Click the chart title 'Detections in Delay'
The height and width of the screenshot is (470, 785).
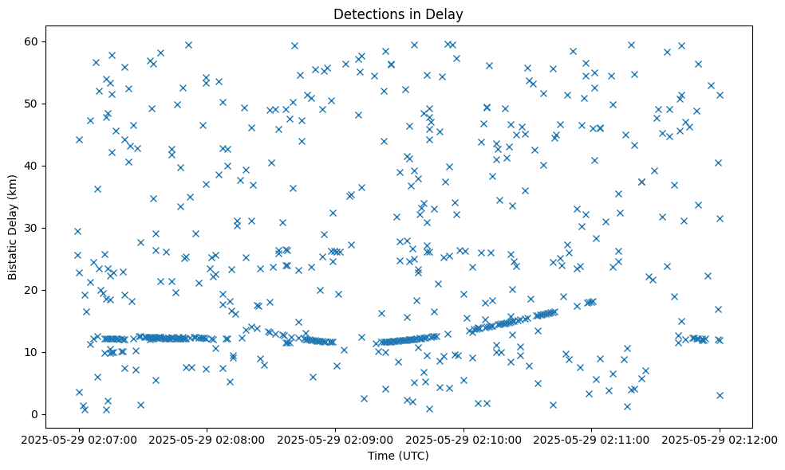398,14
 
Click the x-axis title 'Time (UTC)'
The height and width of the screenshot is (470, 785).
398,456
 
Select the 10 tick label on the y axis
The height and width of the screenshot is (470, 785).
53,352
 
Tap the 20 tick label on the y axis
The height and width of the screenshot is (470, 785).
53,290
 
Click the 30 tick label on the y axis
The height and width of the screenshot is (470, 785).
53,228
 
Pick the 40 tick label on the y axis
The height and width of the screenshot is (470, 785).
53,166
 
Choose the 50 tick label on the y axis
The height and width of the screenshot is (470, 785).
53,104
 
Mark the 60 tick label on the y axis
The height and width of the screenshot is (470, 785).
53,41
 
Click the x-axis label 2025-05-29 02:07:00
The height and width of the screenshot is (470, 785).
79,439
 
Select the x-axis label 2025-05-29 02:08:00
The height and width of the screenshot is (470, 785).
207,439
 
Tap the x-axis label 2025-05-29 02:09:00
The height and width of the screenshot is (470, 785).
335,439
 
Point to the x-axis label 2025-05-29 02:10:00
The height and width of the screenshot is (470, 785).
464,439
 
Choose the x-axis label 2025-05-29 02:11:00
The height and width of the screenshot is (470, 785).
591,439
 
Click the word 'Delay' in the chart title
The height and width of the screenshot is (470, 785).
447,14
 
